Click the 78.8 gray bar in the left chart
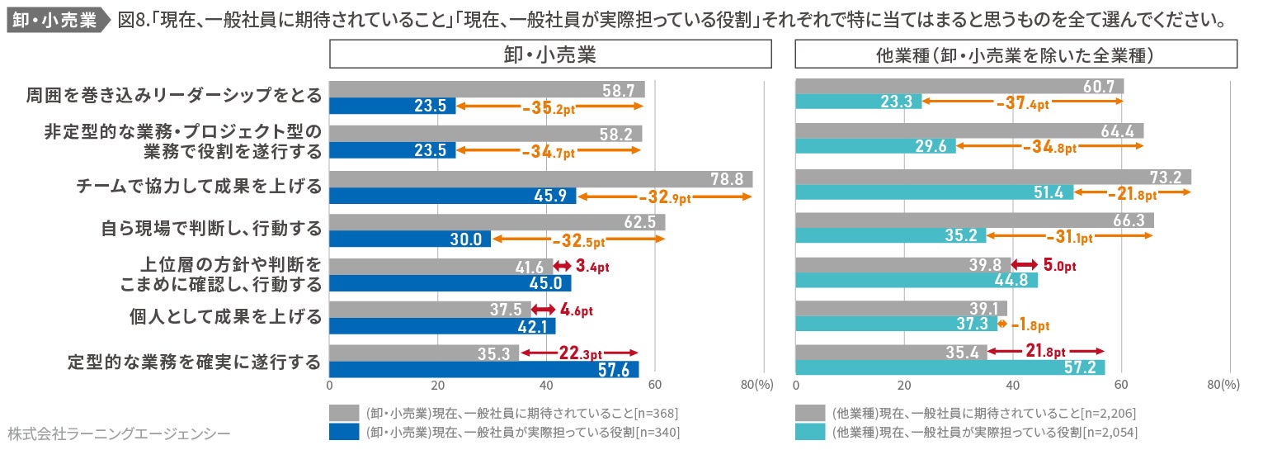[540, 179]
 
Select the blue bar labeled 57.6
[484, 369]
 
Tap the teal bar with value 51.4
[934, 192]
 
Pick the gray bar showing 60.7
[959, 87]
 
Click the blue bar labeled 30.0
[410, 239]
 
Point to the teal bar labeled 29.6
[875, 146]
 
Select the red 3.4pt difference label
[591, 267]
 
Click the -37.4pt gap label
[1022, 104]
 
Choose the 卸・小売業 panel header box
[550, 54]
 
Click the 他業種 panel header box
[1016, 54]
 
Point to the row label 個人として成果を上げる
[224, 316]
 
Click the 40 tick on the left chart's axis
[546, 385]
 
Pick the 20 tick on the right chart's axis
[903, 385]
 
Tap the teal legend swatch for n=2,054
[810, 432]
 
